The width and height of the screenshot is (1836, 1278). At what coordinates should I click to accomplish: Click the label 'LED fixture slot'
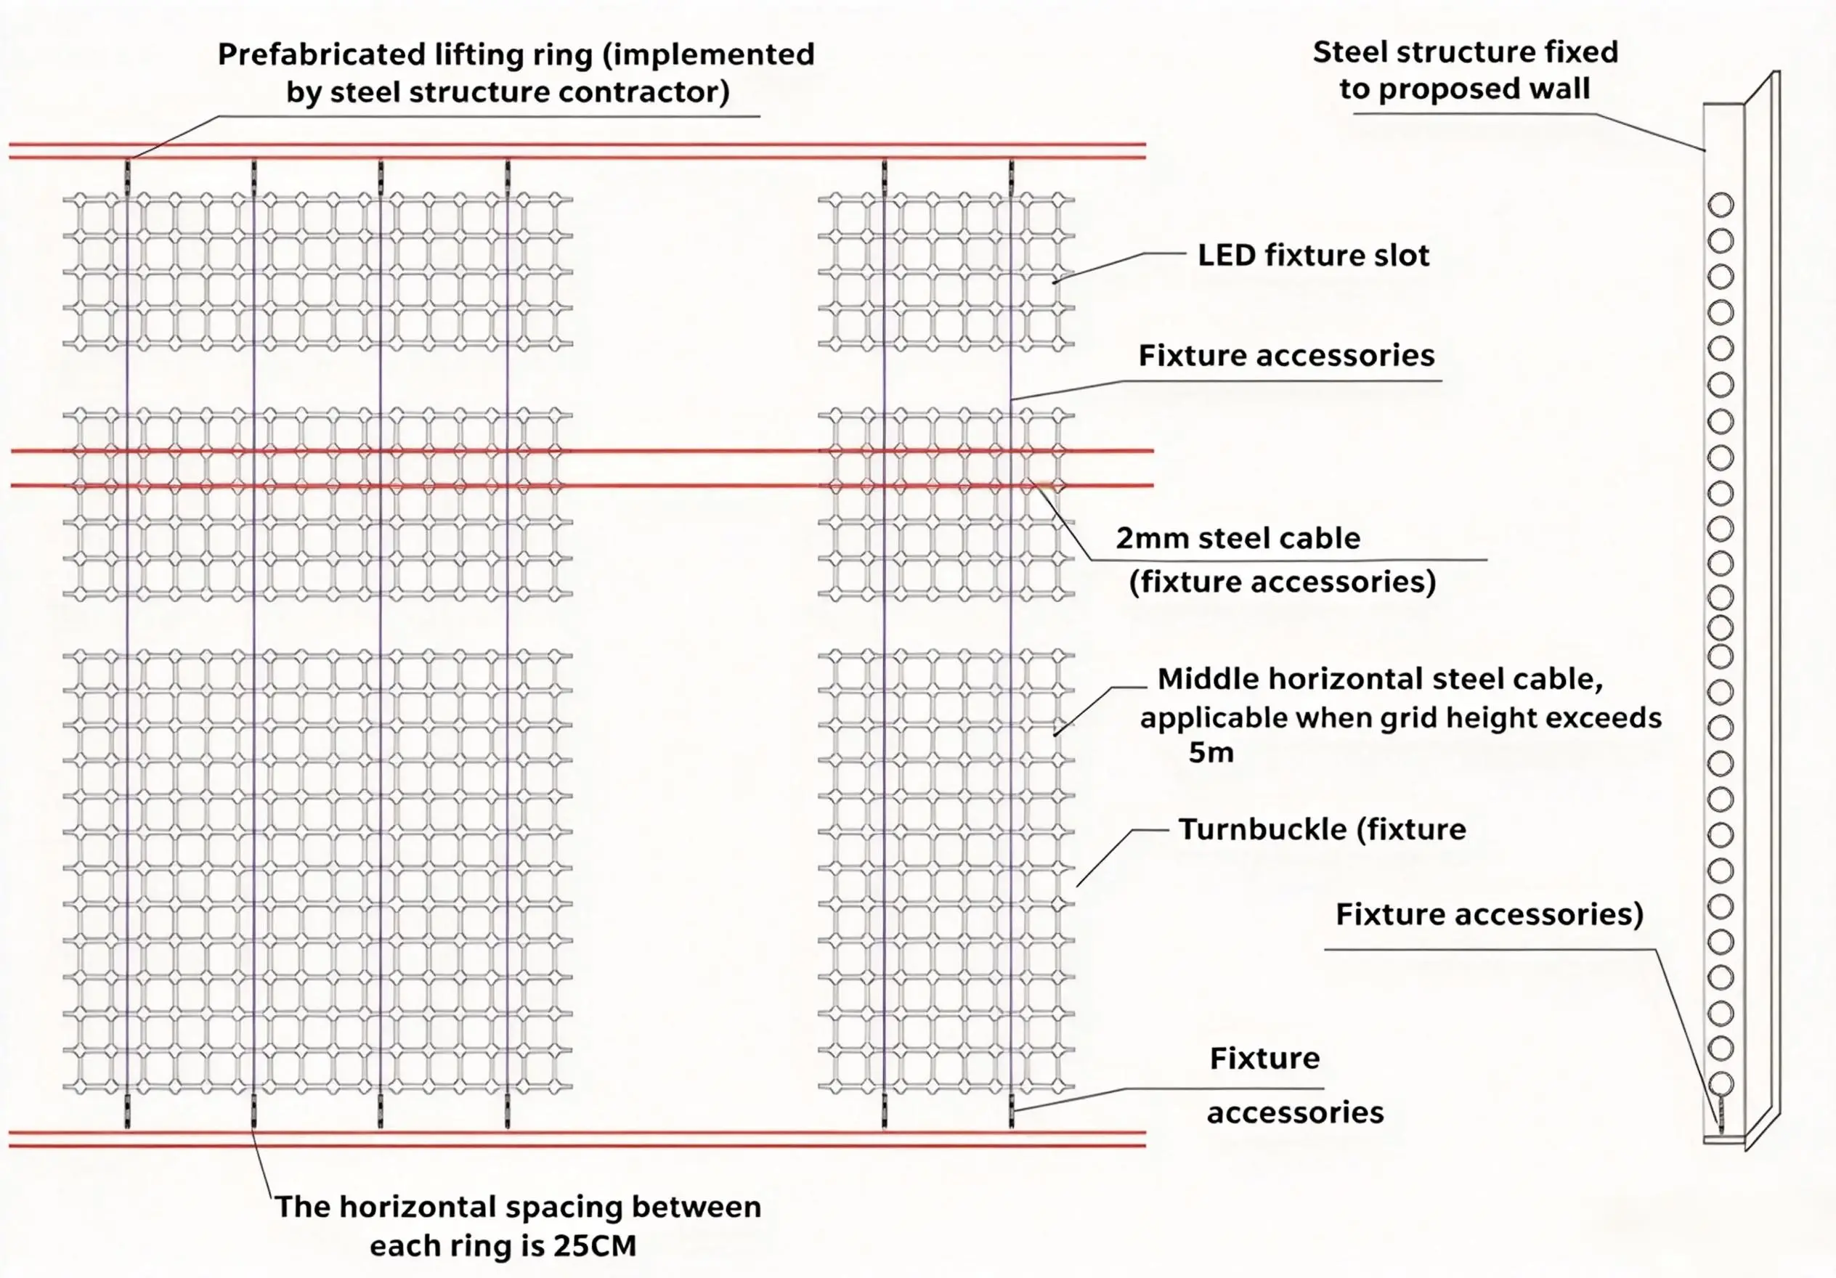(1313, 255)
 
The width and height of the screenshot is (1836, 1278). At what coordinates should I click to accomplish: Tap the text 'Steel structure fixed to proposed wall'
(1465, 70)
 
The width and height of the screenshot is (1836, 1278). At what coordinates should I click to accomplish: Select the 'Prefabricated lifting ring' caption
(516, 73)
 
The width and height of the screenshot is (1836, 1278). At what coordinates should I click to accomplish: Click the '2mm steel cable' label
(1238, 538)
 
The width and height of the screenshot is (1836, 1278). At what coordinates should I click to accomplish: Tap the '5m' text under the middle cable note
(1211, 752)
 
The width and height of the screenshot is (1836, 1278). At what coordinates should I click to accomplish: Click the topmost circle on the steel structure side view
(1721, 205)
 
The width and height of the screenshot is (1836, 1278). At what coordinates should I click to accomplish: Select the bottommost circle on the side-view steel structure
(1721, 1084)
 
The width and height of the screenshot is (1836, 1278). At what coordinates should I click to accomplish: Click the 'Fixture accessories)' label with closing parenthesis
(1489, 914)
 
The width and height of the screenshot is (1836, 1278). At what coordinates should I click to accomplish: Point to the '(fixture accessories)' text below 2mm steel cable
(1283, 582)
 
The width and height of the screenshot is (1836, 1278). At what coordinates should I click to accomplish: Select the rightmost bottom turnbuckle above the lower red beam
(1012, 1110)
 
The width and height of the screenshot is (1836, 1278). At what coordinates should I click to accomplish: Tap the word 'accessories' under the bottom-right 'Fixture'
(1296, 1112)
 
